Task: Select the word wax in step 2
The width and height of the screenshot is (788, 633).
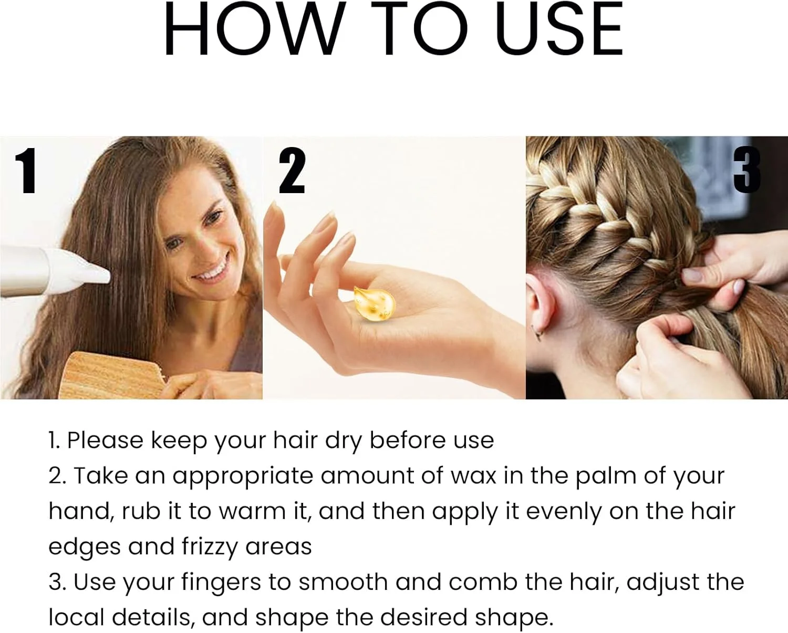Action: pos(473,477)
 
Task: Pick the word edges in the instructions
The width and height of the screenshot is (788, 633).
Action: pos(84,548)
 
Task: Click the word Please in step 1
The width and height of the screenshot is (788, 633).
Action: pos(105,440)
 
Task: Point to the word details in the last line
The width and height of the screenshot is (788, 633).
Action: pos(152,618)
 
